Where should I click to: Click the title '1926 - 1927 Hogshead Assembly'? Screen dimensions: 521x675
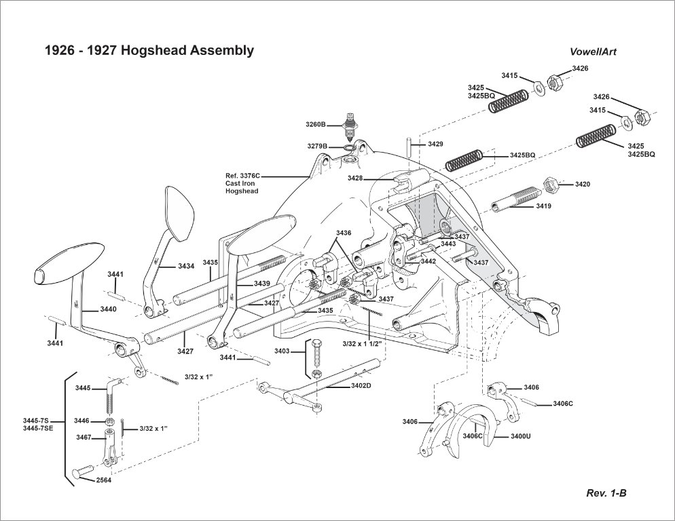click(149, 51)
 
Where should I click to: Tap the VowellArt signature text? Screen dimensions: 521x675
click(594, 52)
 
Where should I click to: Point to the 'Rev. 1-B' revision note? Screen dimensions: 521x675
click(606, 493)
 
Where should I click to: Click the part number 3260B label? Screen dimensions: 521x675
click(316, 125)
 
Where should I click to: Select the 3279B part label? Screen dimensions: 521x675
click(316, 147)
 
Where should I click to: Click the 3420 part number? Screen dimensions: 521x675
click(583, 184)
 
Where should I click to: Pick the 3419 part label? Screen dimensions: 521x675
click(543, 206)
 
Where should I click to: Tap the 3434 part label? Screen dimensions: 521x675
click(186, 266)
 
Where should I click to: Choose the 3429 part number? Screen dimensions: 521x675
click(435, 144)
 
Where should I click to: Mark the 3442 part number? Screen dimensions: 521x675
click(428, 261)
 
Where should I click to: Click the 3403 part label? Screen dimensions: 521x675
click(282, 351)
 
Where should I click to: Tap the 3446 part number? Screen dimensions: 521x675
click(82, 421)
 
